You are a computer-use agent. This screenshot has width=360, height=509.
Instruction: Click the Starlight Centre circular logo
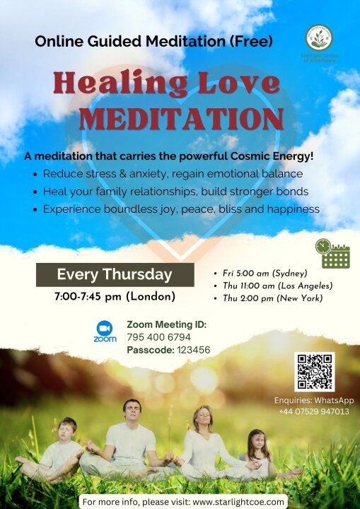pos(319,37)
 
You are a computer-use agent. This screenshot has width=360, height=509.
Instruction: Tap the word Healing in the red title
pos(120,83)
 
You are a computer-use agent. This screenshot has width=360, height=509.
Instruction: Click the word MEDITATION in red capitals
pos(181,118)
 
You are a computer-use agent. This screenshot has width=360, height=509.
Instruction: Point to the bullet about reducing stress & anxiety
pos(168,174)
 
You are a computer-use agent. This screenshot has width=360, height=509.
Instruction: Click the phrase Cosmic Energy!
pos(272,156)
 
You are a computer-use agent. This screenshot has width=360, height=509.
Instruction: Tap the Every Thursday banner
pos(115,274)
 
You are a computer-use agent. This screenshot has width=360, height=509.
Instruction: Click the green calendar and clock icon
pos(332,254)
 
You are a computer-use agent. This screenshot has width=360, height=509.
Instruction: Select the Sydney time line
pos(261,274)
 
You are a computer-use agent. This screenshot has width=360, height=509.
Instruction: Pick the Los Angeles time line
pos(274,286)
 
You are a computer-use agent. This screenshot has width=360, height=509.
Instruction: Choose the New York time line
pos(268,298)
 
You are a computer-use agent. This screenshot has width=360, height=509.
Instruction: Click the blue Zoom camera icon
pos(105,328)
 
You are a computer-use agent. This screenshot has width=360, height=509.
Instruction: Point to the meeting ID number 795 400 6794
pos(158,337)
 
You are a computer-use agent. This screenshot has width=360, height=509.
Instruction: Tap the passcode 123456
pos(194,350)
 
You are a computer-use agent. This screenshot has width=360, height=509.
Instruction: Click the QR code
pos(315,372)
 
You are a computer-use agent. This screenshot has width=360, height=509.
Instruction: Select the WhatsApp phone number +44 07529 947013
pos(314,411)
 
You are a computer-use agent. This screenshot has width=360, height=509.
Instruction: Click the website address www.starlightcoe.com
pos(238,502)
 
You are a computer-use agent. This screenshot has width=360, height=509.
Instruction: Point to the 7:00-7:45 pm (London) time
pos(115,297)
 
